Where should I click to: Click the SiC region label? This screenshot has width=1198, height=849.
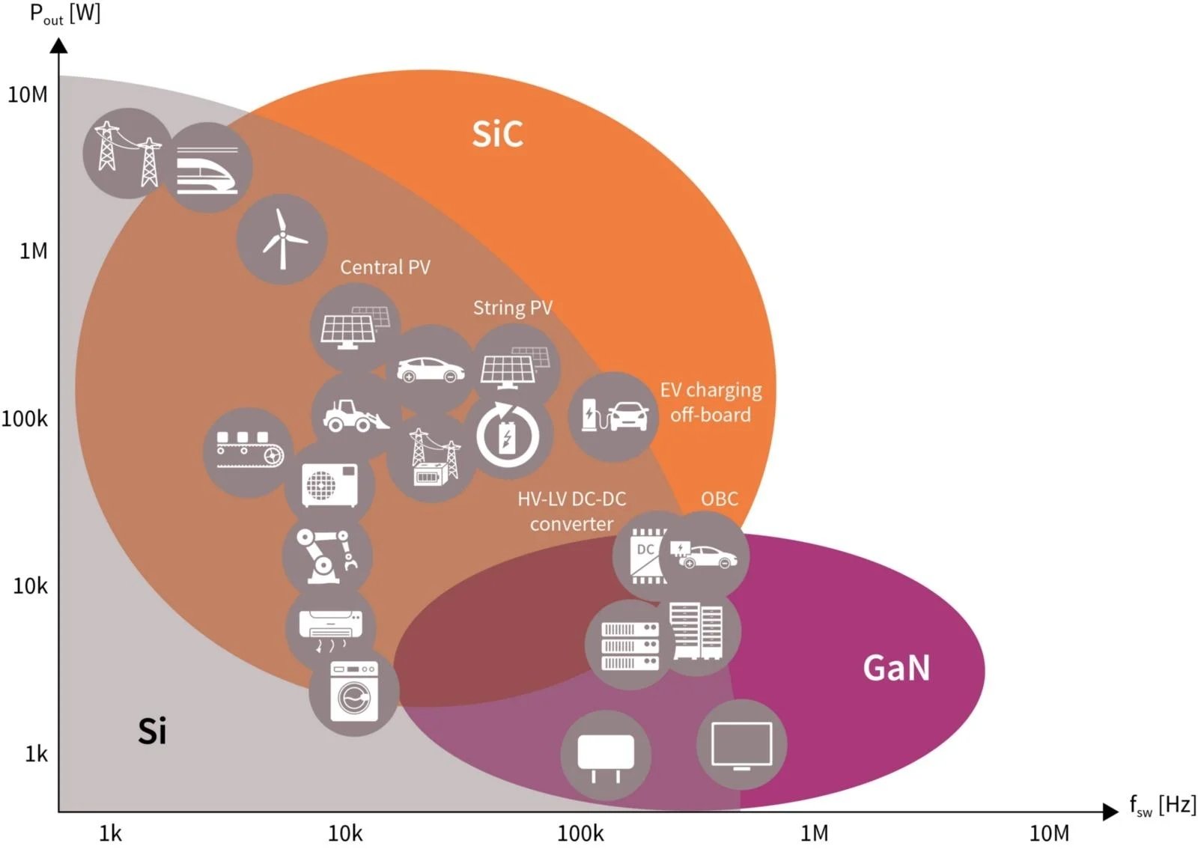[x=497, y=133]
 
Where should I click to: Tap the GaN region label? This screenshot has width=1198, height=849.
[x=896, y=667]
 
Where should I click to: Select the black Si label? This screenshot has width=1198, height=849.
[x=152, y=730]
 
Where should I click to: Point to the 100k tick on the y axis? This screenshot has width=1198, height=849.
[x=25, y=419]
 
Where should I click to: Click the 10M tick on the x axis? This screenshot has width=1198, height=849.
[x=1049, y=833]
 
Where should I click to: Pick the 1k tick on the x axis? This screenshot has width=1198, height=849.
[x=110, y=833]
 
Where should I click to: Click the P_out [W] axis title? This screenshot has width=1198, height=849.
[x=64, y=13]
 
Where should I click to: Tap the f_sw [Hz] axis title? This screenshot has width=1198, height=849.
[x=1163, y=806]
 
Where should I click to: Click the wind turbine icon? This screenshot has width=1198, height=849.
[x=282, y=240]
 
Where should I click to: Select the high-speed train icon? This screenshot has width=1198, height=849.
[x=207, y=168]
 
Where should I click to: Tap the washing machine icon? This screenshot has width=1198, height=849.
[x=354, y=690]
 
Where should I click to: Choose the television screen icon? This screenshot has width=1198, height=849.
[x=741, y=745]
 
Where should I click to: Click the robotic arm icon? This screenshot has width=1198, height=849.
[x=327, y=556]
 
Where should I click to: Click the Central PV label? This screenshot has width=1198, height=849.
[x=385, y=267]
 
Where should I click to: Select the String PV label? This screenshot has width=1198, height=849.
[x=513, y=308]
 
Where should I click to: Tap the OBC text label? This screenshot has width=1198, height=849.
[x=720, y=499]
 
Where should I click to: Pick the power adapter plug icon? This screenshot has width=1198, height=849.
[x=606, y=755]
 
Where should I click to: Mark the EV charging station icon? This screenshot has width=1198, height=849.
[x=614, y=416]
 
